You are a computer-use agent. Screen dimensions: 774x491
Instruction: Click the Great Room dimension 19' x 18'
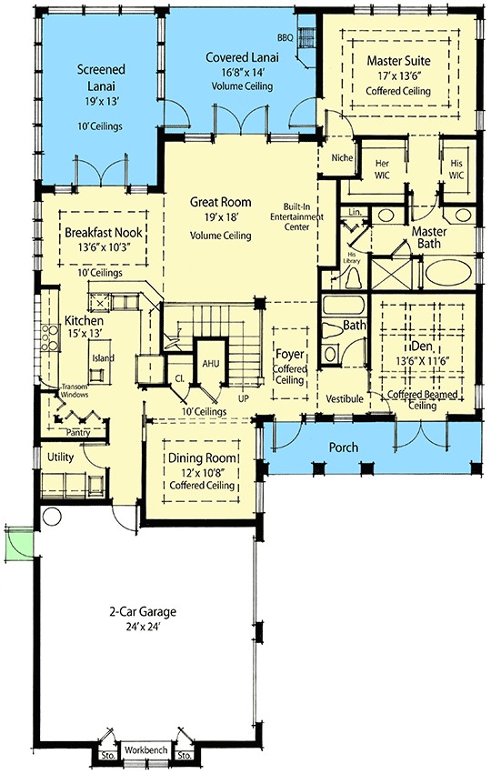point(220,218)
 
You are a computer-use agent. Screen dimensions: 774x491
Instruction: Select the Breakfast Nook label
point(101,233)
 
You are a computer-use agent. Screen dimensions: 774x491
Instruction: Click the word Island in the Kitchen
point(103,358)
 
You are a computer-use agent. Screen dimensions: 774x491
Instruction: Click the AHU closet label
point(211,362)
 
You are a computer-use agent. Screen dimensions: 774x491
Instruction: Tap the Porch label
point(344,447)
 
